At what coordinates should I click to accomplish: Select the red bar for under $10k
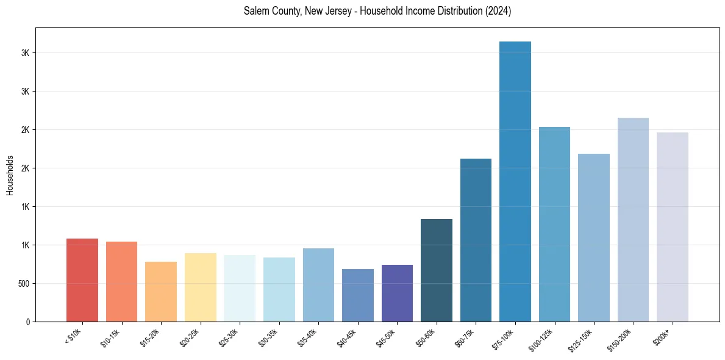click(82, 280)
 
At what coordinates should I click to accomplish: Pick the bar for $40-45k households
click(358, 295)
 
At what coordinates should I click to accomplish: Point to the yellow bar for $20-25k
click(201, 287)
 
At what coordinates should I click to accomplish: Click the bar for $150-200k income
click(633, 220)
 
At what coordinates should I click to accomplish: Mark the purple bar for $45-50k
click(398, 293)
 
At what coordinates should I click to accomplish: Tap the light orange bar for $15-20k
click(161, 292)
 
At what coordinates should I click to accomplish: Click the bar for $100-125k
click(554, 224)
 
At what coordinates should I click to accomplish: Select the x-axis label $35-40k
click(308, 338)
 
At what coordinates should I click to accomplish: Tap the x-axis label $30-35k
click(268, 338)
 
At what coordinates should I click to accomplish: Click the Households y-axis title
click(10, 175)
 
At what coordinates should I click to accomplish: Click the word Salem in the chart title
click(254, 11)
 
